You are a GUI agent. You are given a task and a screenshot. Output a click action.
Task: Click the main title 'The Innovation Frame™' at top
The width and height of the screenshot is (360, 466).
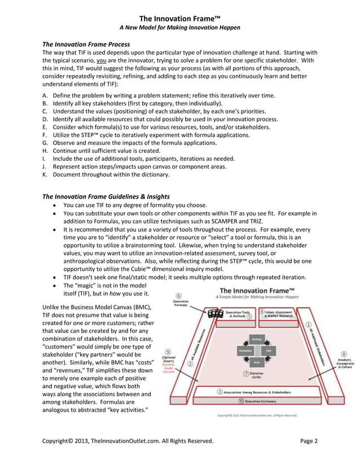(x=180, y=17)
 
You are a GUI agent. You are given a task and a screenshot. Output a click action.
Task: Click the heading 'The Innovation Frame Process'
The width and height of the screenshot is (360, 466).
(x=86, y=44)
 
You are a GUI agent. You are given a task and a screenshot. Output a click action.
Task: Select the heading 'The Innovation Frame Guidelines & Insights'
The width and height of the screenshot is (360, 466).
(x=106, y=196)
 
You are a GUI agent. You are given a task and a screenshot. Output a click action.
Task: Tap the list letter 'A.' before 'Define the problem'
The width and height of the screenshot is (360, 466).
(x=45, y=96)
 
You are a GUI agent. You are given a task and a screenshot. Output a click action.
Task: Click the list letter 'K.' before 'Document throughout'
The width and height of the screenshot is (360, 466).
(x=45, y=175)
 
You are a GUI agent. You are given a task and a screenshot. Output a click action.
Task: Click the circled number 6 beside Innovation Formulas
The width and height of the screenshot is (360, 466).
(x=178, y=295)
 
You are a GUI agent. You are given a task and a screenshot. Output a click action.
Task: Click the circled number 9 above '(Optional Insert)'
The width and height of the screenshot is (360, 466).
(x=169, y=351)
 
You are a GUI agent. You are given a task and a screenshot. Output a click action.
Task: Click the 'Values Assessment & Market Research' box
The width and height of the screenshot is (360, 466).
(x=282, y=313)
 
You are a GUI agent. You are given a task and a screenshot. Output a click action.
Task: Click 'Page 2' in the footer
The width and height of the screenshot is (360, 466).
(x=309, y=441)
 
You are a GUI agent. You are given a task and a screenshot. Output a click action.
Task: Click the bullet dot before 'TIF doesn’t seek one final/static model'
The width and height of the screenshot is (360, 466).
(x=53, y=277)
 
